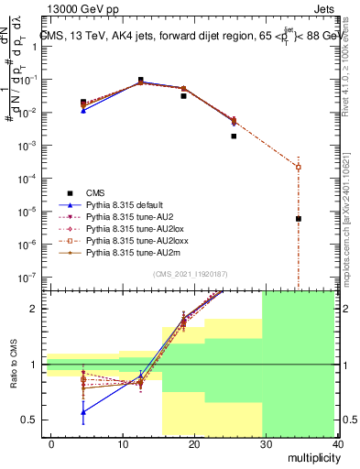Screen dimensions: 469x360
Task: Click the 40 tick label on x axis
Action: (x=339, y=444)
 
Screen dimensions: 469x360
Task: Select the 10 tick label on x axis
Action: (x=123, y=444)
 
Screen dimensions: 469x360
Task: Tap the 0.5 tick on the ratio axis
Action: (x=30, y=420)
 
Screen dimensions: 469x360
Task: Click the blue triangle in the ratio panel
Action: (x=83, y=411)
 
